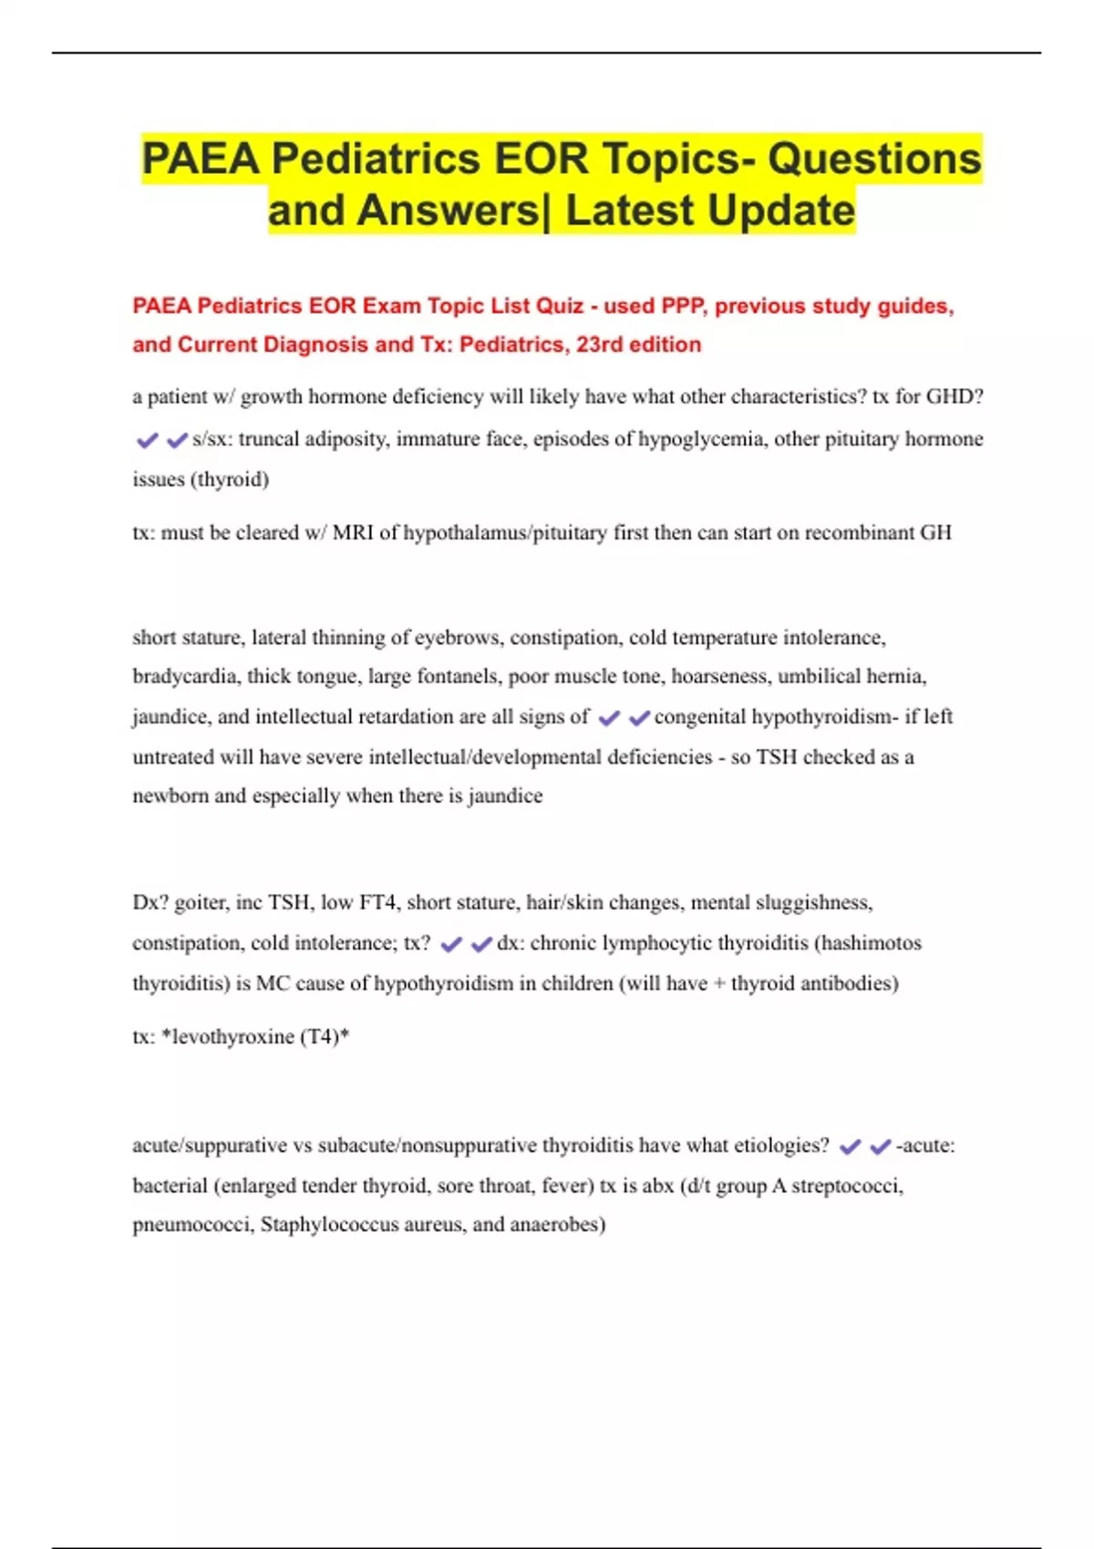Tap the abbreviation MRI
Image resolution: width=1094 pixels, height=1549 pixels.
(x=353, y=532)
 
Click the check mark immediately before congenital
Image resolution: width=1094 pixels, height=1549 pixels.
(x=639, y=718)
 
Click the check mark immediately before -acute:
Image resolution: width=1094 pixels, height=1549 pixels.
(x=880, y=1146)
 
